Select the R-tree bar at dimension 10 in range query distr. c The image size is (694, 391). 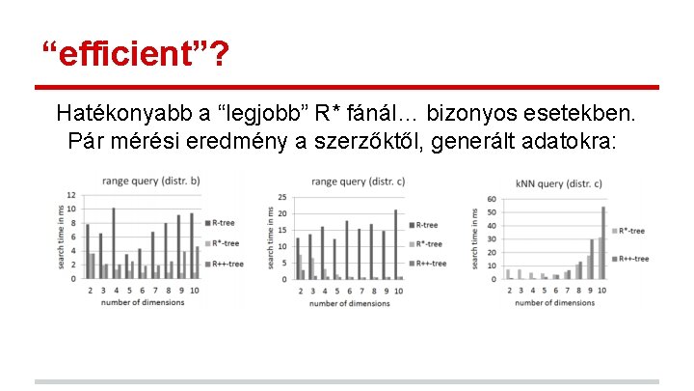tap(395, 245)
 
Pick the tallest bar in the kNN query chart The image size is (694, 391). tap(603, 242)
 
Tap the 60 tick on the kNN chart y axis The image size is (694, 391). tap(491, 200)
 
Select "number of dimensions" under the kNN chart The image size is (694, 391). tap(555, 302)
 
